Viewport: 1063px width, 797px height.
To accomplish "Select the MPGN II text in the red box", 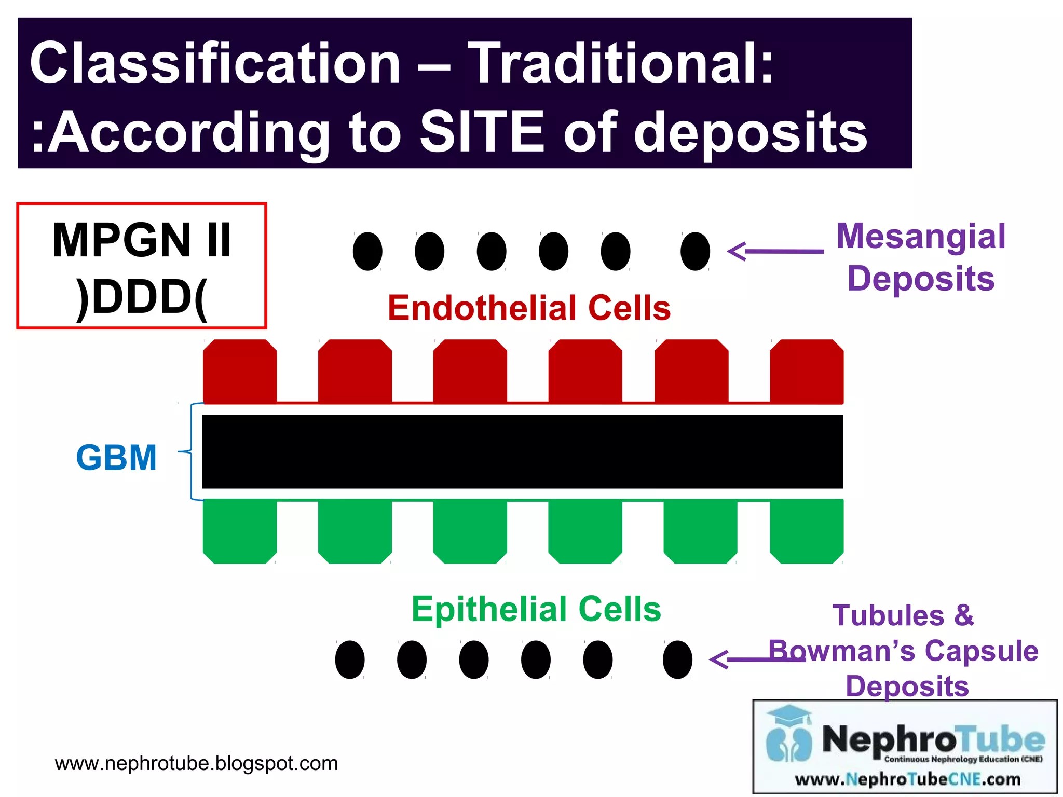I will (141, 240).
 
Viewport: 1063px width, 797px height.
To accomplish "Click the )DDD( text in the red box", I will (141, 297).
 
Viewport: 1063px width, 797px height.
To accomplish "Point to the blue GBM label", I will (116, 458).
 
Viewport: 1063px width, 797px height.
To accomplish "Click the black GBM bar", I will (522, 451).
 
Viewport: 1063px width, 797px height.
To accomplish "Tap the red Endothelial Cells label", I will (529, 308).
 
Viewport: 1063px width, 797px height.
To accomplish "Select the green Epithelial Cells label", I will (536, 609).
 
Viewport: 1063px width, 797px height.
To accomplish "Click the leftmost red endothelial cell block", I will (239, 371).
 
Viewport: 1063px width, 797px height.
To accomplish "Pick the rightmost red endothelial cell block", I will (806, 371).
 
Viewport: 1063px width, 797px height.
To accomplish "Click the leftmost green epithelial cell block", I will (239, 532).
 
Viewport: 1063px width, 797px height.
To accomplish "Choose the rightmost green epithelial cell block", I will (806, 532).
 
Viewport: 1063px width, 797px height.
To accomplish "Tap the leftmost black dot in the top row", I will (367, 251).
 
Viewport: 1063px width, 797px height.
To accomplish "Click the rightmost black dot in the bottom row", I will (677, 659).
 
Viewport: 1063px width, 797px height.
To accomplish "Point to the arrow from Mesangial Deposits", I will (775, 251).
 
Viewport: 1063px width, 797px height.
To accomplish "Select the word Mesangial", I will (921, 236).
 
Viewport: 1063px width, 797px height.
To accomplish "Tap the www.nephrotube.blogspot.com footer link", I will (196, 763).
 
